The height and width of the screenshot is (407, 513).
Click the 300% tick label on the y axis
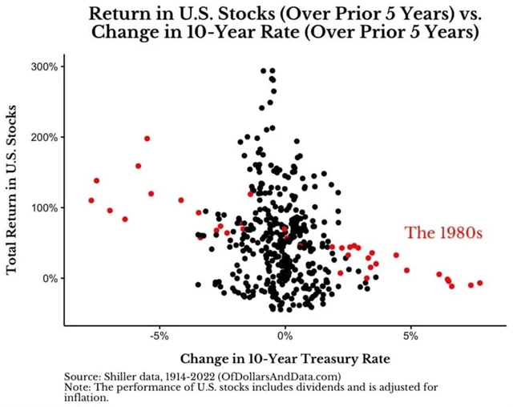pos(43,66)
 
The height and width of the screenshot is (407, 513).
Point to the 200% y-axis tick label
pos(43,137)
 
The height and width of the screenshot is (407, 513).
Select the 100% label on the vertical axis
pos(43,208)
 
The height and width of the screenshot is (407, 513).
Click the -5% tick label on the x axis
pos(159,336)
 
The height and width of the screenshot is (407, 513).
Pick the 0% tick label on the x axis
pos(285,336)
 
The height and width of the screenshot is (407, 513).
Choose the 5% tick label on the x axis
pos(410,336)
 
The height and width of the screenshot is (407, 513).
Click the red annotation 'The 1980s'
pos(442,233)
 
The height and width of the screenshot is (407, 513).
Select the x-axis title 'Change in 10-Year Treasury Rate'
pos(284,357)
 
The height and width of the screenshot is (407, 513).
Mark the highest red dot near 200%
pos(147,139)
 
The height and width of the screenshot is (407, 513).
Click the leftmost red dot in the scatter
pos(91,200)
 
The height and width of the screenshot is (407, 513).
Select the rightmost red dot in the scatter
pos(480,283)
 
